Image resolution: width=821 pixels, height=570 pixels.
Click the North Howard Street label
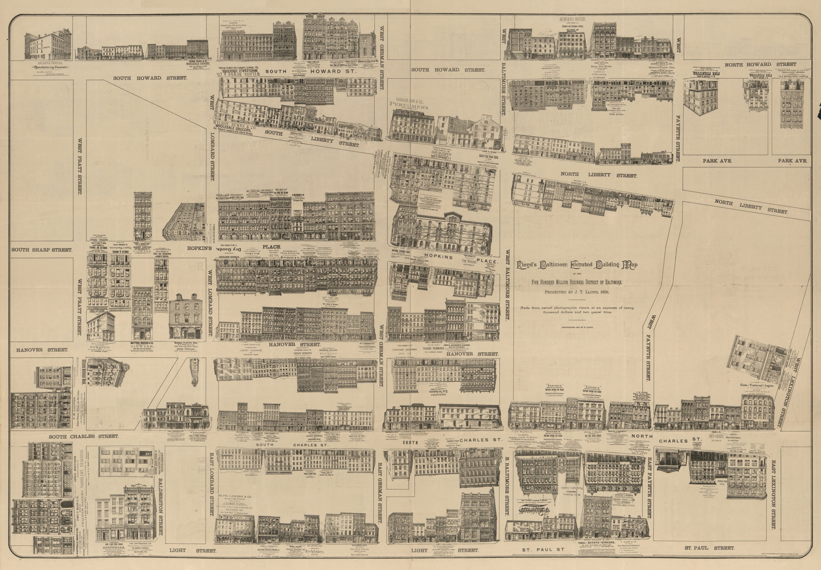coord(760,64)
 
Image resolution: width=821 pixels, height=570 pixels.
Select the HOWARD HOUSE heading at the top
coord(573,19)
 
